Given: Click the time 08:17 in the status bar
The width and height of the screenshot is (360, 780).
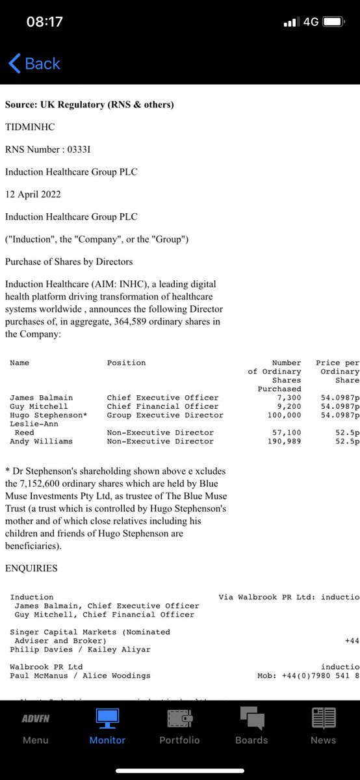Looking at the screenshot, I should (44, 21).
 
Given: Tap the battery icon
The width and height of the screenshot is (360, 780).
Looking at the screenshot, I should (333, 21).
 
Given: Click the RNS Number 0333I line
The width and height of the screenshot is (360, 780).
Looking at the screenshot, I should (48, 149).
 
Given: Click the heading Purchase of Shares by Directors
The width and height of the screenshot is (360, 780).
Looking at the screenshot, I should (69, 261).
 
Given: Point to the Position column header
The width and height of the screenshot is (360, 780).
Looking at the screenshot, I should (126, 363).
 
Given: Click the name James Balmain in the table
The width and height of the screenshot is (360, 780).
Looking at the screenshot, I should (41, 398).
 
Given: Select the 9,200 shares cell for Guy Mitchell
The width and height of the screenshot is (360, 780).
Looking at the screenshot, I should (289, 406).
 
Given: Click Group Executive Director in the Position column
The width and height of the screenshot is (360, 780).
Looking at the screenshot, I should (165, 415).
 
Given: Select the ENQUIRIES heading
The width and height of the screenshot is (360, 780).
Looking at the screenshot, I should (31, 568).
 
